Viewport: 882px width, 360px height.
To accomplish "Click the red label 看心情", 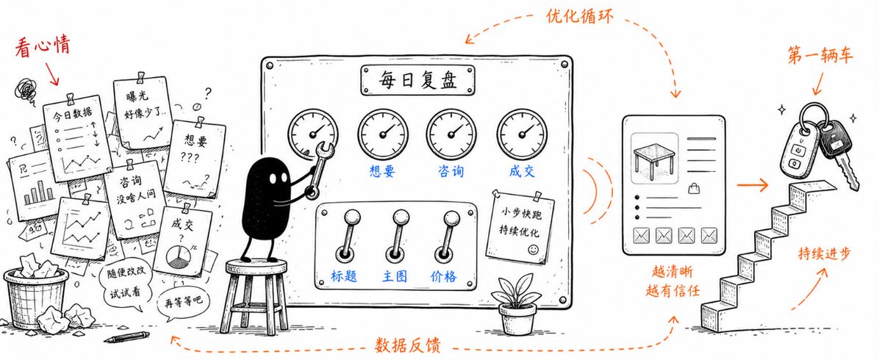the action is point(43,46).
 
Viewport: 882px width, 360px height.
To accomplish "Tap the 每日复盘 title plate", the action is point(417,80).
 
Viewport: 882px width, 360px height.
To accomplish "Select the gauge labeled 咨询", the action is point(451,134).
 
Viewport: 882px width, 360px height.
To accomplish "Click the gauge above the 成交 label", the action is point(522,134).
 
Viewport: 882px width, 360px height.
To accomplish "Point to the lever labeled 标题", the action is point(347,235).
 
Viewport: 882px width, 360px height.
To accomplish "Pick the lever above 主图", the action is point(397,235).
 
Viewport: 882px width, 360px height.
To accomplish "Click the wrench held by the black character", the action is point(319,169).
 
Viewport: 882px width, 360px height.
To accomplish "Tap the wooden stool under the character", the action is point(255,296).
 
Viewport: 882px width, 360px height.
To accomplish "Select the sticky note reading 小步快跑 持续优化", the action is point(520,226).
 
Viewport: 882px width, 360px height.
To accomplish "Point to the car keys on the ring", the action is point(818,145).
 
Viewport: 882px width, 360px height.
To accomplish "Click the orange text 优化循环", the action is point(579,17).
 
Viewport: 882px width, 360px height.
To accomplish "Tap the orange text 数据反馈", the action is point(407,345).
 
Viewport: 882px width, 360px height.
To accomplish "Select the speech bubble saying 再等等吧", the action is point(183,302).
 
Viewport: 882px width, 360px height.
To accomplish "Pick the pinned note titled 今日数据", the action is point(76,137).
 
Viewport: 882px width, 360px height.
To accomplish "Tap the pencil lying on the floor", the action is point(126,337).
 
